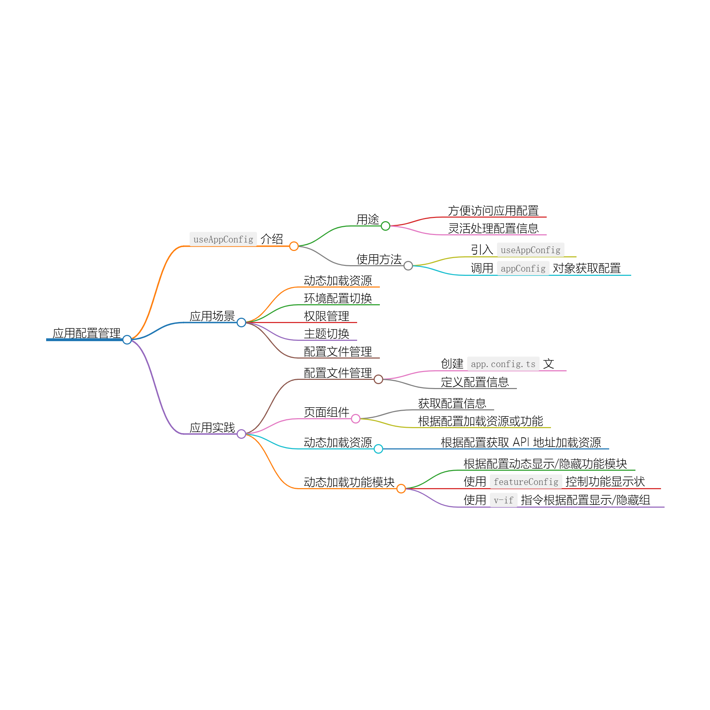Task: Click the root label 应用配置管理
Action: (x=86, y=333)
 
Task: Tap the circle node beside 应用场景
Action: (x=241, y=322)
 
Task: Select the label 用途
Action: (x=367, y=219)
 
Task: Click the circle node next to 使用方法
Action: (x=408, y=266)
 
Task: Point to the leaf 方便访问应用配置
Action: (x=493, y=211)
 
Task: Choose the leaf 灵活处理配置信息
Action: (x=493, y=229)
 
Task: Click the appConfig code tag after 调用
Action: (x=523, y=269)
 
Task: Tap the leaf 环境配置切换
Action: (x=338, y=299)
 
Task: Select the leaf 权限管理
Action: (x=326, y=316)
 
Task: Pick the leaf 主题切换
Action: (x=326, y=334)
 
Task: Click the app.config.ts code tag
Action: (x=503, y=364)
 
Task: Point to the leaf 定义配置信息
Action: (x=475, y=382)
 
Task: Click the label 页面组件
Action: (x=326, y=412)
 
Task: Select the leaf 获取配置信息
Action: (x=452, y=404)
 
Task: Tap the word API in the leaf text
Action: (x=521, y=442)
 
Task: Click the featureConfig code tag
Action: (x=526, y=482)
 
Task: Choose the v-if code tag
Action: (x=503, y=500)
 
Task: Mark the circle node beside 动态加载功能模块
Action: (x=401, y=488)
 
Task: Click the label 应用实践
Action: (x=212, y=427)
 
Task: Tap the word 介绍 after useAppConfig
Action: (x=272, y=239)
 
